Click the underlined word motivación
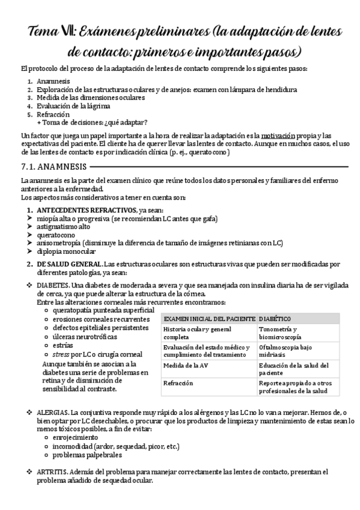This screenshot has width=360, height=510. coord(285,135)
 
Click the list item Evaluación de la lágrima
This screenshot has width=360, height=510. coord(73,106)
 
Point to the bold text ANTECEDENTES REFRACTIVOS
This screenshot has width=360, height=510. coord(87,210)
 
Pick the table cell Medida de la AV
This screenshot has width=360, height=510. coord(188,365)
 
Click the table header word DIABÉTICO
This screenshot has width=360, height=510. coord(275,318)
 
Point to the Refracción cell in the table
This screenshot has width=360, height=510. coord(178,382)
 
